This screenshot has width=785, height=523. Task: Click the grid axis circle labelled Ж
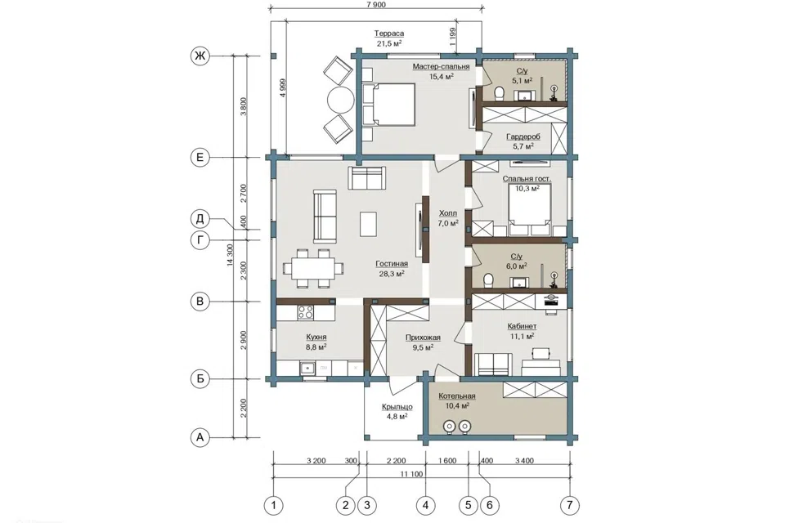click(x=200, y=56)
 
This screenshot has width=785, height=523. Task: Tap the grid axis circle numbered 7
click(x=570, y=506)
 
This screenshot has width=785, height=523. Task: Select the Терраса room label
click(x=389, y=34)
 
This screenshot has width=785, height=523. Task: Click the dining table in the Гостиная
click(x=313, y=268)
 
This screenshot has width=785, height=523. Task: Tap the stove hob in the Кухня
click(x=305, y=312)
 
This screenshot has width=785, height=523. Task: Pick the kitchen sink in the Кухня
click(x=307, y=368)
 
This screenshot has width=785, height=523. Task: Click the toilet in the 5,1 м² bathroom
click(x=499, y=94)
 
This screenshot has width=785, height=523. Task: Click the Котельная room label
click(x=457, y=396)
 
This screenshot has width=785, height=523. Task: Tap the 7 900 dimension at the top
click(x=376, y=5)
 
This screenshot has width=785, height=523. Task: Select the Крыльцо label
click(x=397, y=407)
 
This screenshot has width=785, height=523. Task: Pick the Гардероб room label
click(x=523, y=136)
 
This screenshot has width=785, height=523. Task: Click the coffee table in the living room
click(x=369, y=224)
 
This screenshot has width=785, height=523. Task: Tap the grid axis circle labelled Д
click(x=200, y=219)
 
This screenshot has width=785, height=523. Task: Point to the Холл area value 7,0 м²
click(x=447, y=223)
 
